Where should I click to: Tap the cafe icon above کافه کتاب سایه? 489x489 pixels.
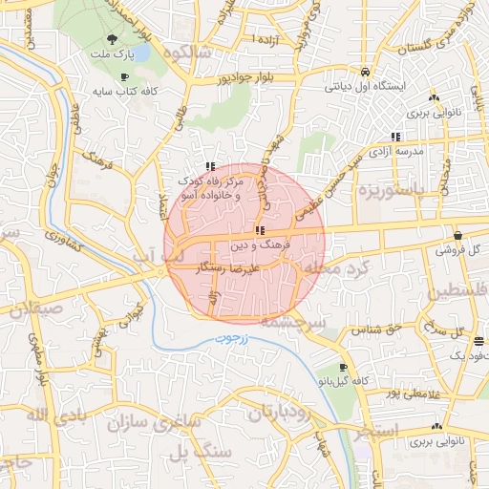coord(124,77)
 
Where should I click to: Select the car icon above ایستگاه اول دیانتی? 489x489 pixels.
coord(365,72)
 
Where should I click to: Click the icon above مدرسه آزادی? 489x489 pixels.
coord(396,137)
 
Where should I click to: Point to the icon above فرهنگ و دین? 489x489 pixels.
coord(259,231)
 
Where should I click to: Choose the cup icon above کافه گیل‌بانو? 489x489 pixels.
coord(344,367)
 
